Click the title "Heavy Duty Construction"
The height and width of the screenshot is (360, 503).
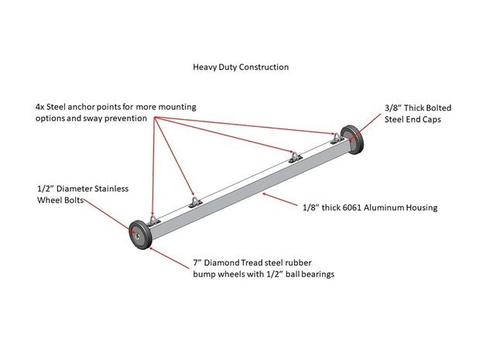241,67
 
